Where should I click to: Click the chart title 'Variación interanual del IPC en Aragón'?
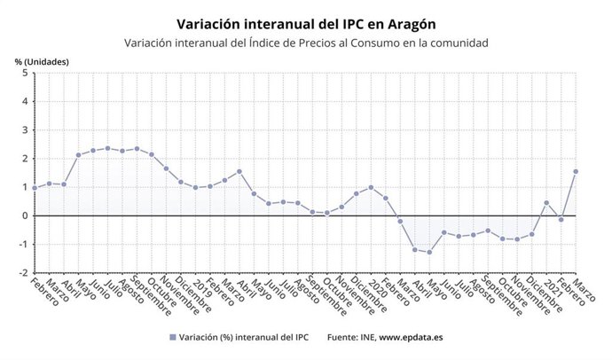point(306,22)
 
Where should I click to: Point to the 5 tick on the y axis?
point(24,74)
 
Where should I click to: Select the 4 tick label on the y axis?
point(24,102)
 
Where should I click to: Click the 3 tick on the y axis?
point(24,130)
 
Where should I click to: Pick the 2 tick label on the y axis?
point(24,159)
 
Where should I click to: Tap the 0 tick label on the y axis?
point(24,215)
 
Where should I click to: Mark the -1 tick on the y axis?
point(22,244)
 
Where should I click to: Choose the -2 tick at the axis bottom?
point(22,272)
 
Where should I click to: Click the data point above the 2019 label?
point(195,187)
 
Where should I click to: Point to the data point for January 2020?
point(371,187)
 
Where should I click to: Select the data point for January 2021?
point(546,202)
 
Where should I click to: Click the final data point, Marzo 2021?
point(576,171)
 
